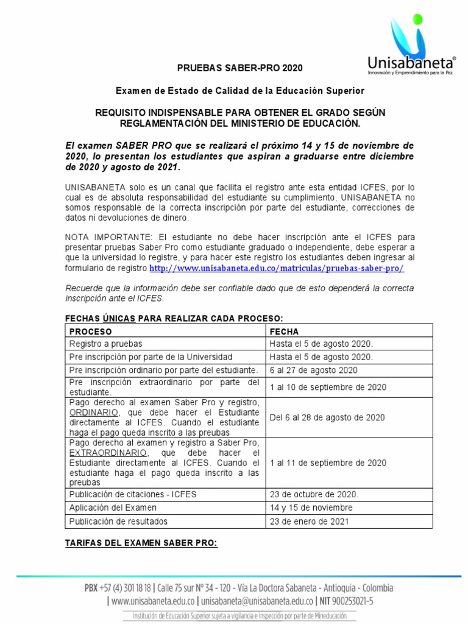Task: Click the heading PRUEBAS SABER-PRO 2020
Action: click(239, 68)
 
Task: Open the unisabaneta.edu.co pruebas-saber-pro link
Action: click(277, 268)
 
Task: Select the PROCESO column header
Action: click(90, 331)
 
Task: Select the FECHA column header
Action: click(284, 331)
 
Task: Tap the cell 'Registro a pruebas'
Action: click(105, 344)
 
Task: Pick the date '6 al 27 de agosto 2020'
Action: click(313, 370)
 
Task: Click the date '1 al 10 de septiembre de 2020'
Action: click(327, 387)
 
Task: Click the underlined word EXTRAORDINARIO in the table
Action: click(108, 453)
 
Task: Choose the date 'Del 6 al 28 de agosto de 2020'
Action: click(327, 417)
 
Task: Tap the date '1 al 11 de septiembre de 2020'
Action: click(327, 463)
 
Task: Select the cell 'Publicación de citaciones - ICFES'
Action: click(133, 494)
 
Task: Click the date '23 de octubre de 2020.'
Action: click(314, 494)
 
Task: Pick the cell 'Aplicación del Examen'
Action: click(113, 508)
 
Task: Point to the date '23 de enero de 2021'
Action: click(310, 522)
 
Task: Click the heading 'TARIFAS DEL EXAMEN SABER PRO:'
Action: click(141, 543)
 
